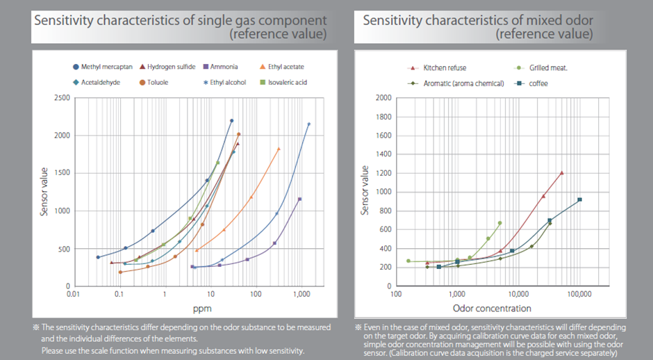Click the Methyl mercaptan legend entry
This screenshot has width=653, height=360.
(101, 67)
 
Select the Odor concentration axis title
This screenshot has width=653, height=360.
(492, 309)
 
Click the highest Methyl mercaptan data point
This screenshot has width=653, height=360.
(231, 121)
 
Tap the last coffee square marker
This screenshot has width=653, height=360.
(579, 200)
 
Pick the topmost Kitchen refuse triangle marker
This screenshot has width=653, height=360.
(562, 173)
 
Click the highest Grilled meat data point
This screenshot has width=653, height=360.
(499, 223)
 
